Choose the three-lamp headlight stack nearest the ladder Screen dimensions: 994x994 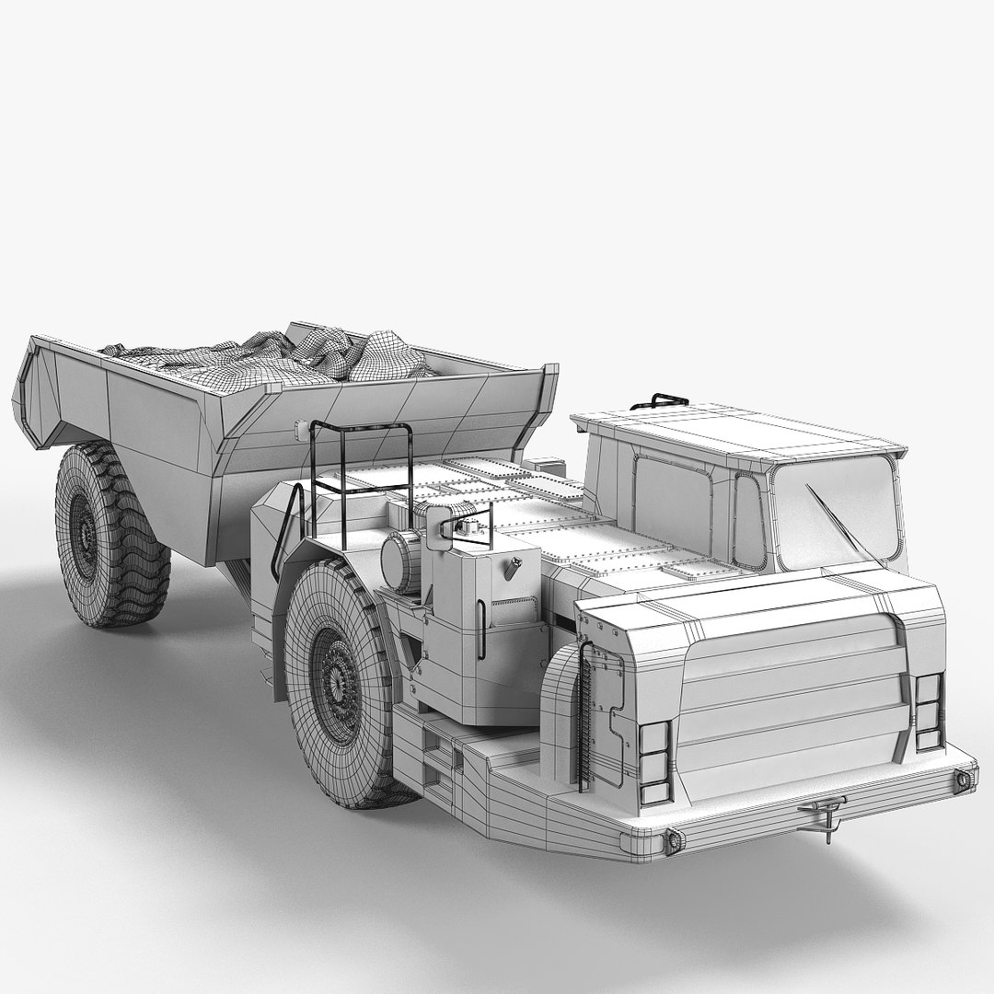pyautogui.click(x=654, y=762)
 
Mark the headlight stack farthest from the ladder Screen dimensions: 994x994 pyautogui.click(x=929, y=711)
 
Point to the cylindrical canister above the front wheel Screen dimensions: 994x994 pyautogui.click(x=401, y=561)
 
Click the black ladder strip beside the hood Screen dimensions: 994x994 pyautogui.click(x=583, y=718)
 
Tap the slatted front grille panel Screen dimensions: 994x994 pyautogui.click(x=792, y=699)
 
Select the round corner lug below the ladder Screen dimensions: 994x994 pyautogui.click(x=671, y=839)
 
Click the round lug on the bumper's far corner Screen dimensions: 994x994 pyautogui.click(x=963, y=779)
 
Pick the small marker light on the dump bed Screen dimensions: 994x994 pyautogui.click(x=298, y=429)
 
